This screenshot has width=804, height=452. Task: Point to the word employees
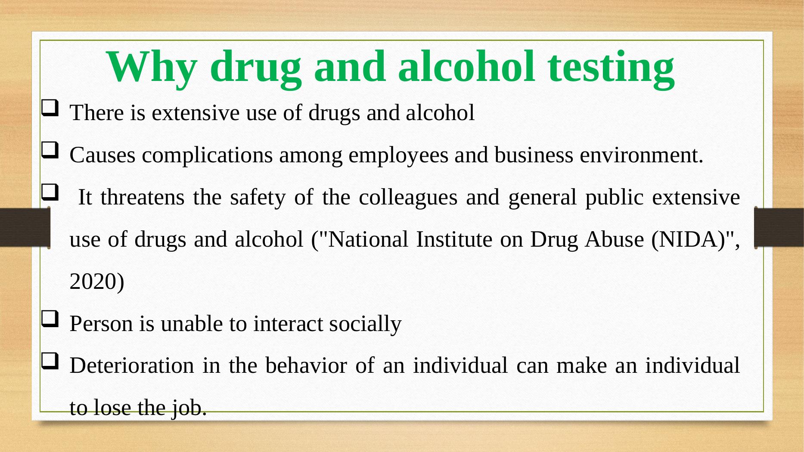click(x=398, y=156)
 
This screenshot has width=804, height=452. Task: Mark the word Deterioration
click(x=132, y=366)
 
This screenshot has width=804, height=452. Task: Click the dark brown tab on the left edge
click(x=25, y=227)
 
